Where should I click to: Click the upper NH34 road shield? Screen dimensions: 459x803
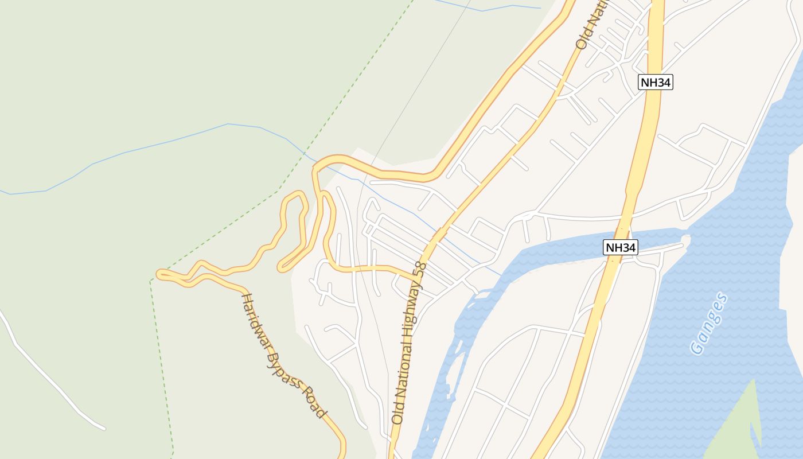coord(655,82)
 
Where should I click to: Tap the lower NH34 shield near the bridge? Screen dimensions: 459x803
coord(621,248)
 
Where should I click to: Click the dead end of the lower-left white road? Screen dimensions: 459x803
coord(104,428)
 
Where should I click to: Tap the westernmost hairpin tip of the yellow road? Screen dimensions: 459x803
coord(159,274)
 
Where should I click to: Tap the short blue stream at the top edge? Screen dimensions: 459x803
coord(488,9)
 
